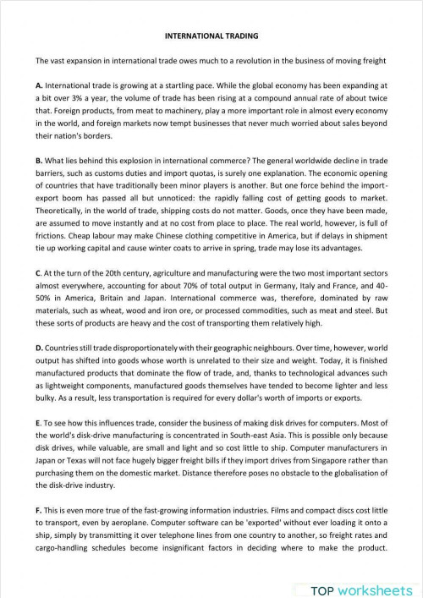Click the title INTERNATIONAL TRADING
(211, 36)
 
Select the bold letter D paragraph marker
(39, 348)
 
